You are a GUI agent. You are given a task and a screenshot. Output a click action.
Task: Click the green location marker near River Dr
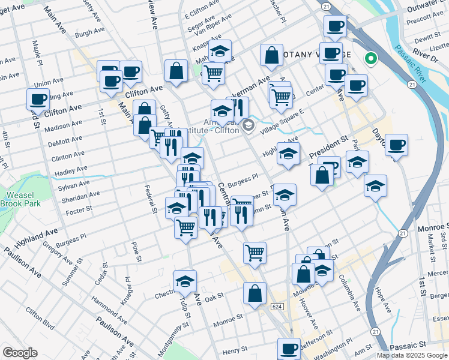tap(371, 59)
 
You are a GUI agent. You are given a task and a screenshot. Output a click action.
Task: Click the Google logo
tap(20, 353)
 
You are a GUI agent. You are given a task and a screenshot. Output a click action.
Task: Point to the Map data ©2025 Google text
tap(412, 355)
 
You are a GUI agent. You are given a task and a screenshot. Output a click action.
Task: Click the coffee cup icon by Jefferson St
tap(289, 348)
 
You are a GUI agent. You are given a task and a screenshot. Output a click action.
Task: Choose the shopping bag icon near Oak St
tap(255, 293)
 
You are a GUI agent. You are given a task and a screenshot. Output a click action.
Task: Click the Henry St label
tap(235, 350)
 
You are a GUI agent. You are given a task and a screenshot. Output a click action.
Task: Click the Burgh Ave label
tap(91, 34)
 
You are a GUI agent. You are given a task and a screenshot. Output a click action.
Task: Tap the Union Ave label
tap(49, 82)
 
